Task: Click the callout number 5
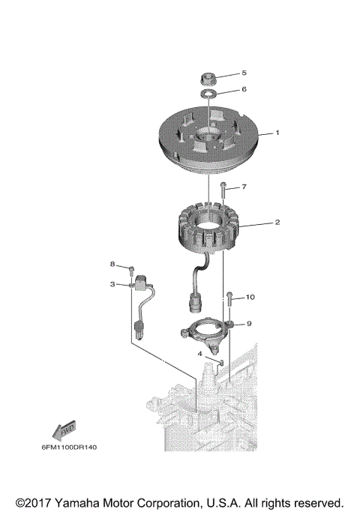(243, 73)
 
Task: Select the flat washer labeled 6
(209, 93)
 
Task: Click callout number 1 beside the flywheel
(277, 133)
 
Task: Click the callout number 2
(277, 223)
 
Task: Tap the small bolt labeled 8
(131, 269)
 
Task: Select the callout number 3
(112, 284)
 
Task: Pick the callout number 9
(249, 324)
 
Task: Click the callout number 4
(200, 353)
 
